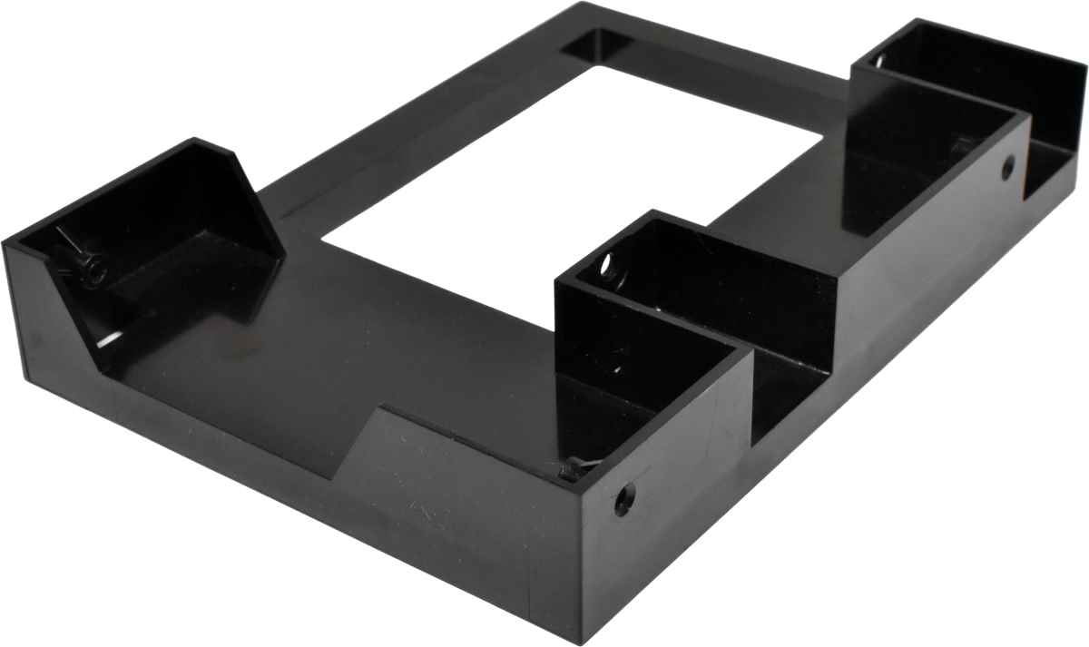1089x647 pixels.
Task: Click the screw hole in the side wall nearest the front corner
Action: click(x=623, y=499)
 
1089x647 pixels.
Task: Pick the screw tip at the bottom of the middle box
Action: click(x=569, y=469)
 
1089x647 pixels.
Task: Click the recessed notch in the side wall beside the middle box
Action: click(x=799, y=381)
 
